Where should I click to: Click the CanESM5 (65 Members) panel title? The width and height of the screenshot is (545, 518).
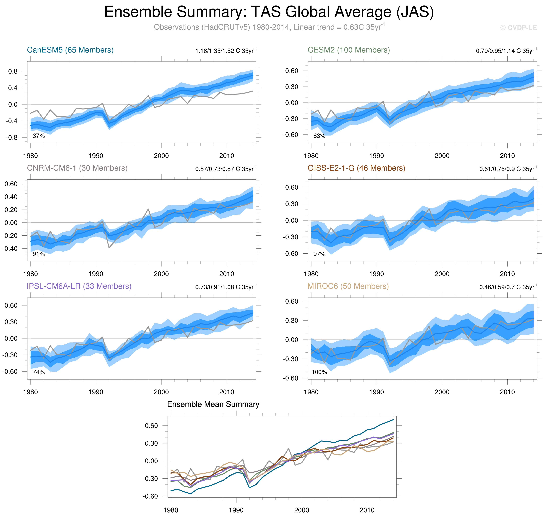click(x=70, y=50)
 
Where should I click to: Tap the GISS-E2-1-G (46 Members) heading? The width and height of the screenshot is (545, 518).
click(x=356, y=168)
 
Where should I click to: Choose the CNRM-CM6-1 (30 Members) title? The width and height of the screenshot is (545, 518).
click(x=77, y=168)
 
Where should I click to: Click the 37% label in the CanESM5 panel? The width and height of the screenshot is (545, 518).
click(x=39, y=136)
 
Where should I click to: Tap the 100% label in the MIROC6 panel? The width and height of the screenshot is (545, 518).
click(x=319, y=372)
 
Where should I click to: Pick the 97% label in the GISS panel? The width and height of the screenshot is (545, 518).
click(x=319, y=254)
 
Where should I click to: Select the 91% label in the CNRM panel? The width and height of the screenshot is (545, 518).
click(x=39, y=254)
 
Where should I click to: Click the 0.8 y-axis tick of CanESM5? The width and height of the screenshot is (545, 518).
click(x=13, y=72)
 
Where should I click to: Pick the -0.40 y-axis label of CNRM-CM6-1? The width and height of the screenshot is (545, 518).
click(x=10, y=248)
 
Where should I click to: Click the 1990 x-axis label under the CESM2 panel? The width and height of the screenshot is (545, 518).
click(x=377, y=156)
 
